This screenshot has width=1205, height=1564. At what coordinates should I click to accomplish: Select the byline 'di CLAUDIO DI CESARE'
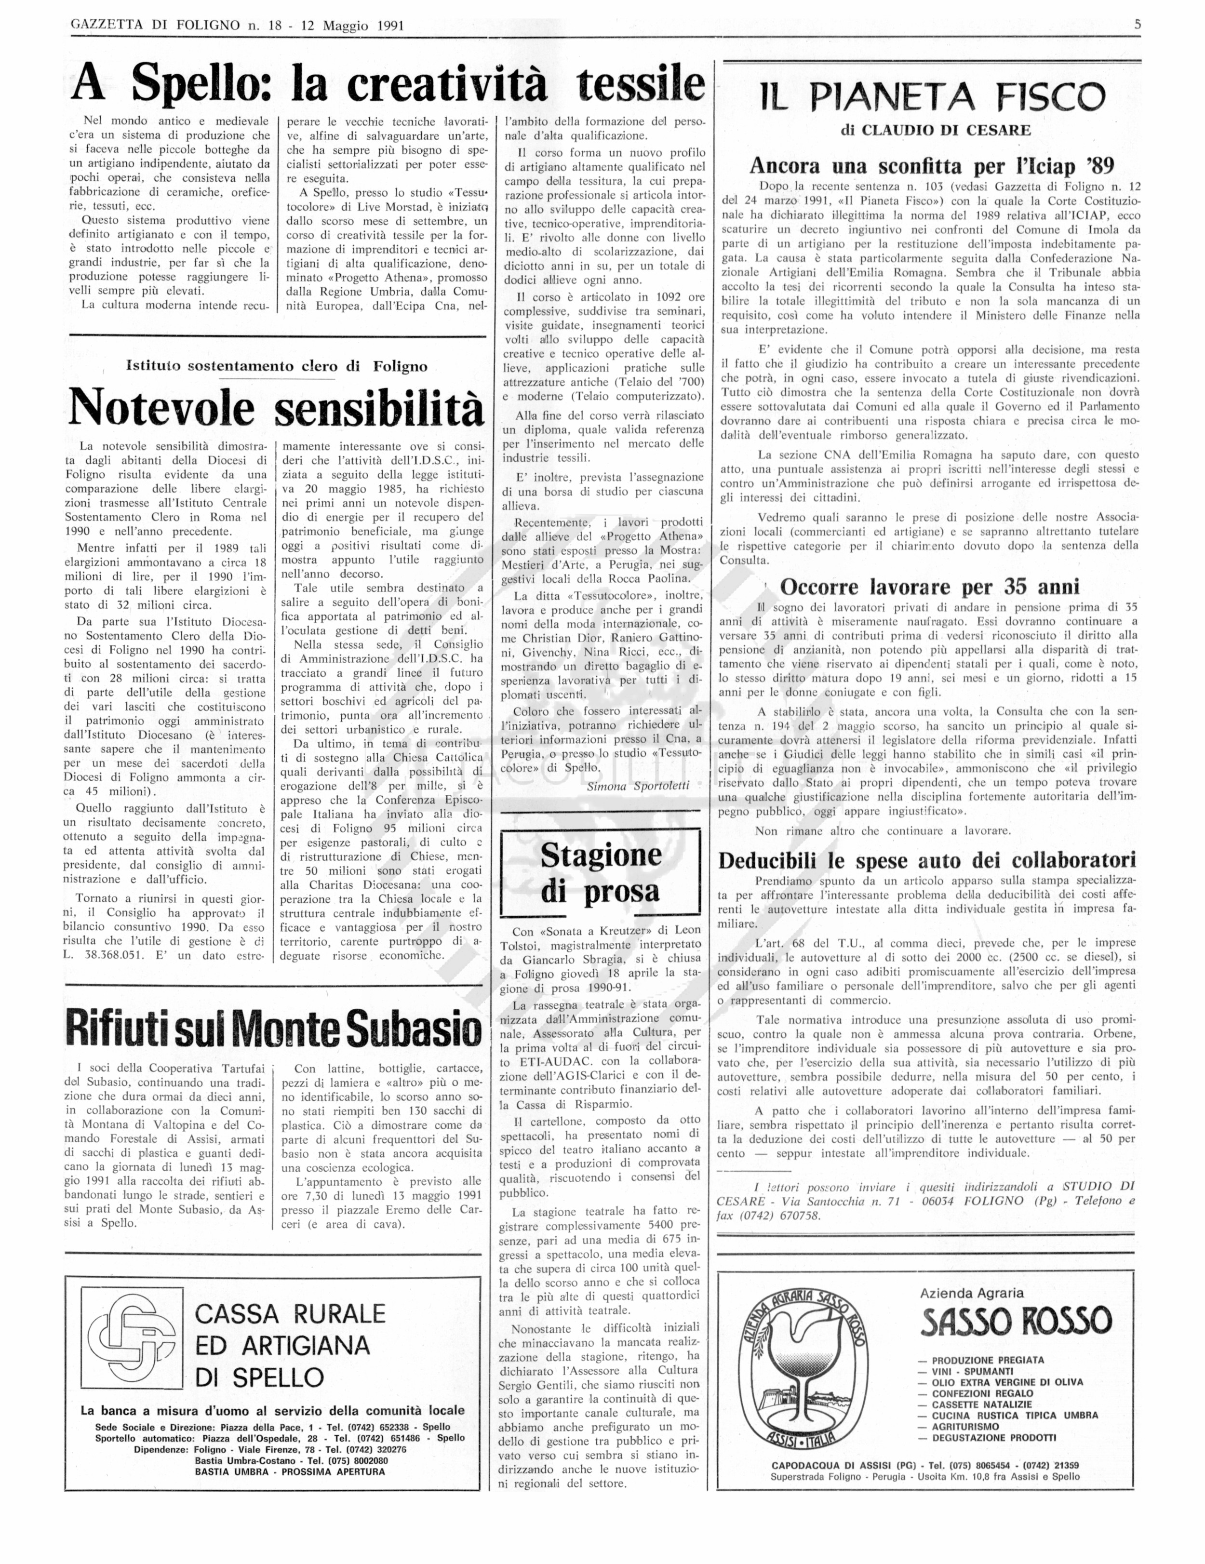(930, 130)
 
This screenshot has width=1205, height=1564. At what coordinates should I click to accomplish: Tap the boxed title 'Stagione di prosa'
(600, 873)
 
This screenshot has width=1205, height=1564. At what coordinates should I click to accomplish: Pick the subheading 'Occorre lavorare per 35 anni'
(929, 587)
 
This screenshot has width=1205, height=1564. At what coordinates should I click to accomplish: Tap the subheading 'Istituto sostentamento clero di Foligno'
(276, 367)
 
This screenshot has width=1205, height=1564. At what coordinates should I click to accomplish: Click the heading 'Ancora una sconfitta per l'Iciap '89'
(932, 166)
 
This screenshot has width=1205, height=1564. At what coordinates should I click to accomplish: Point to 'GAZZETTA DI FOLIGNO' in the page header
(155, 26)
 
